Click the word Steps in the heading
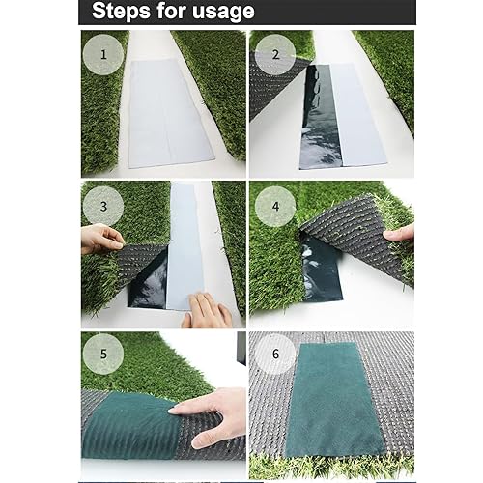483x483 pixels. pos(122,12)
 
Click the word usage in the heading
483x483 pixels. pos(223,12)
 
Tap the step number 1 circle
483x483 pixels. pos(103,54)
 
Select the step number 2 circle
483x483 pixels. pos(275,55)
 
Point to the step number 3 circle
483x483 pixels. pos(103,206)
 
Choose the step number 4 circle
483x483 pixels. pos(275,206)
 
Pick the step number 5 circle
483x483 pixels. pos(103,354)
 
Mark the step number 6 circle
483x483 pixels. pos(275,354)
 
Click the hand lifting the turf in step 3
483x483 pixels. pos(101,239)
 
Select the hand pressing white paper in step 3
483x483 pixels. pos(206,311)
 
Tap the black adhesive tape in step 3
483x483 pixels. pos(149,282)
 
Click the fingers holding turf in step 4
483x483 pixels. pos(399,234)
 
